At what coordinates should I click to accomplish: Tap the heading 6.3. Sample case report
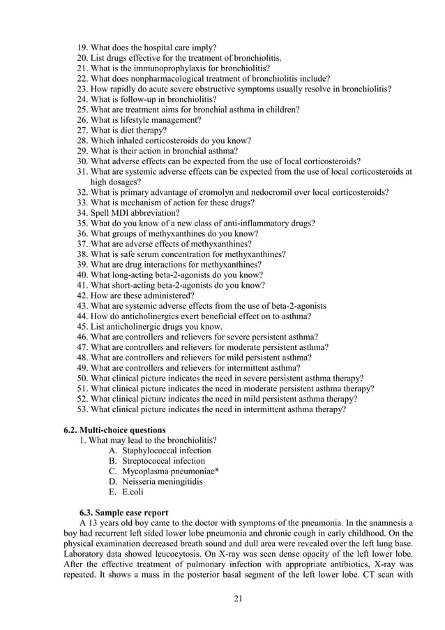coord(123,511)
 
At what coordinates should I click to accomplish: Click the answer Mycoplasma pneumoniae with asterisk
coord(164,471)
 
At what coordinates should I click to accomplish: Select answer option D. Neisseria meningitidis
coord(156,482)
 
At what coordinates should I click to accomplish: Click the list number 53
coord(82,409)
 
